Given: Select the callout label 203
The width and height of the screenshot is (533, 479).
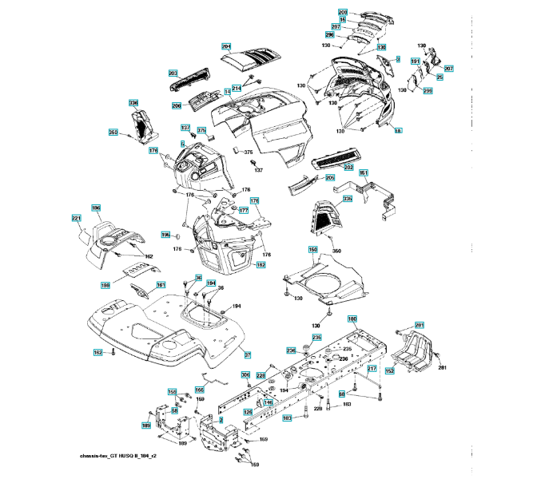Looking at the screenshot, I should (173, 72).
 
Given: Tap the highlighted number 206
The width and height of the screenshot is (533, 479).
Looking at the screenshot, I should (177, 105).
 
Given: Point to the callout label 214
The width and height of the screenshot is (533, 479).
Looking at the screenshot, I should (237, 88).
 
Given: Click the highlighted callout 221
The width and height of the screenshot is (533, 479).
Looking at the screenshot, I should (77, 218).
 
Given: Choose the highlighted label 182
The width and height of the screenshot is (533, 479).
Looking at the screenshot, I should (261, 265).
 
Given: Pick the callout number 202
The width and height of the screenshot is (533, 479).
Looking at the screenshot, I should (348, 167).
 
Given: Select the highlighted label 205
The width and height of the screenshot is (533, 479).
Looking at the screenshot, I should (330, 178).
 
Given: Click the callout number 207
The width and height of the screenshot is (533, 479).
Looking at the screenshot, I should (448, 70).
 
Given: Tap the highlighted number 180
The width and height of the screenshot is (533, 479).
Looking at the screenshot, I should (352, 319).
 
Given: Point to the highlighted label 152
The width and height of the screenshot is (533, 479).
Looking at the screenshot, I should (390, 371).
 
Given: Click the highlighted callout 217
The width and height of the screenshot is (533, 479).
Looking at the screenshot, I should (372, 368).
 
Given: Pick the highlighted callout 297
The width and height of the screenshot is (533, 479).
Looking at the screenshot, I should (336, 27).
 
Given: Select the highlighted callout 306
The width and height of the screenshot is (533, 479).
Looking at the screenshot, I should (245, 374).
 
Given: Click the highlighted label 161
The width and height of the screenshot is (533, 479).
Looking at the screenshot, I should (161, 285).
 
